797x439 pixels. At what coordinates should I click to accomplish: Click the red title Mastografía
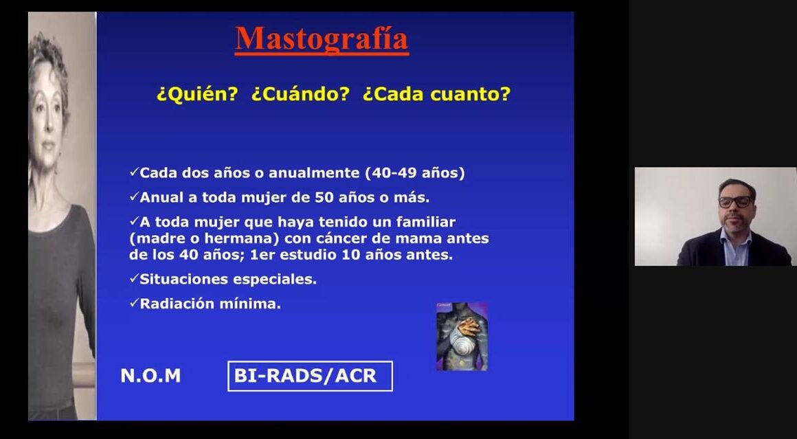(322, 39)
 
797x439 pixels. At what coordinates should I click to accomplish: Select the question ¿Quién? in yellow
(197, 94)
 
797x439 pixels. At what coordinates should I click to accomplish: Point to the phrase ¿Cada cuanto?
(436, 94)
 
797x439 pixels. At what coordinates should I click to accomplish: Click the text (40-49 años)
(415, 172)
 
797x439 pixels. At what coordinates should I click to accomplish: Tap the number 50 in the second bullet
(324, 197)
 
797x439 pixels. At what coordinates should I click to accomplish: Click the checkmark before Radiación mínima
(134, 303)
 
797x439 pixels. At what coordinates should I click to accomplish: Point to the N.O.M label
(150, 376)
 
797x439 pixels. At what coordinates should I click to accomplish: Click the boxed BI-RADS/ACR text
(310, 376)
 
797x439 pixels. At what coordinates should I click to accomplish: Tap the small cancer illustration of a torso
(462, 337)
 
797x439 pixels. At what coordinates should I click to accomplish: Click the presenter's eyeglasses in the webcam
(735, 202)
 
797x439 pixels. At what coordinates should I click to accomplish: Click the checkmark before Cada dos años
(134, 172)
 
